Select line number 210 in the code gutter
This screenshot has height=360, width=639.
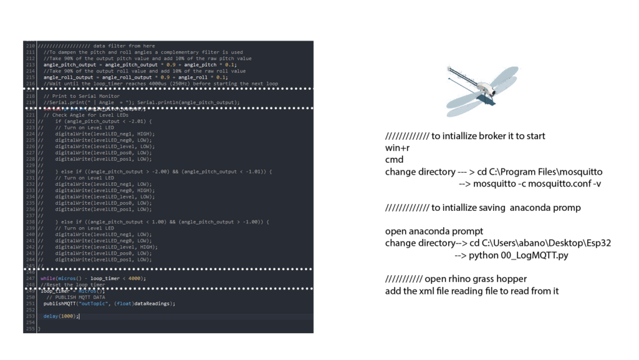pyautogui.click(x=30, y=46)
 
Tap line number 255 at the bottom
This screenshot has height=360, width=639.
pyautogui.click(x=30, y=328)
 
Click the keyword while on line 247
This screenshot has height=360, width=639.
pyautogui.click(x=47, y=278)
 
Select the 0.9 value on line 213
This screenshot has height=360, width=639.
pyautogui.click(x=170, y=64)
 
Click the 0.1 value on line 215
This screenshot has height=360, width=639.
pyautogui.click(x=221, y=77)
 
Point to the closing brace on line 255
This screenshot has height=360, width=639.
pyautogui.click(x=39, y=328)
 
